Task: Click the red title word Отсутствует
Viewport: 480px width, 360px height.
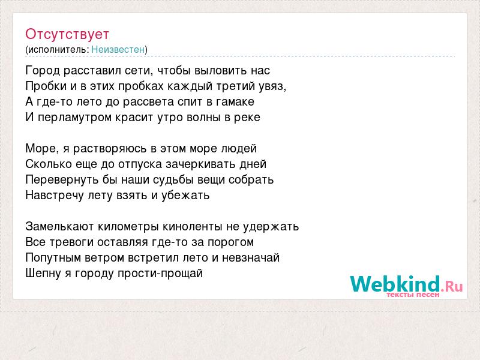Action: point(67,34)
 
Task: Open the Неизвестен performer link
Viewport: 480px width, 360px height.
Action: point(118,50)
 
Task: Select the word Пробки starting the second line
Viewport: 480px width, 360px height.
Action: point(47,86)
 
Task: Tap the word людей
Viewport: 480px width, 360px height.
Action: point(238,149)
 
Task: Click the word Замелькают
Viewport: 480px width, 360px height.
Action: point(59,227)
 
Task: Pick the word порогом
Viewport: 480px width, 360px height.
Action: point(230,242)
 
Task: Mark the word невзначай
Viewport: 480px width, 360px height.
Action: point(251,258)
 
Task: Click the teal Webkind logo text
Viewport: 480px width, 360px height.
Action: point(395,284)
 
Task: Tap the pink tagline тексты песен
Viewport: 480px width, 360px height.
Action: point(413,295)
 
